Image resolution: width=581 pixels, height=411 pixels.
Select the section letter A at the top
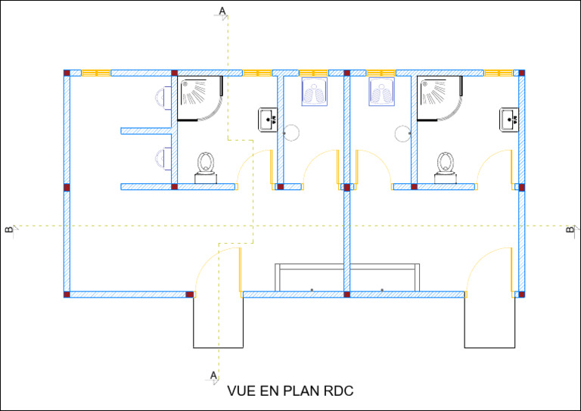coord(222,11)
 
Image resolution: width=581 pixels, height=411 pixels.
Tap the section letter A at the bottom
coord(213,375)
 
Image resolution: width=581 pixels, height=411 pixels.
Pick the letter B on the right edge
coord(570,229)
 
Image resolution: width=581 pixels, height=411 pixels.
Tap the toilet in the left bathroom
coord(205,167)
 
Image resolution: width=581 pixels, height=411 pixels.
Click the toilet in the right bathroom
coord(445,167)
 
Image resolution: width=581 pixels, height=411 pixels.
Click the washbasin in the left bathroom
coord(267,120)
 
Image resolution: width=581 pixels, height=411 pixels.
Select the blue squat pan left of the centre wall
coord(314,92)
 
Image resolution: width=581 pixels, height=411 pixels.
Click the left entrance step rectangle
coord(218,322)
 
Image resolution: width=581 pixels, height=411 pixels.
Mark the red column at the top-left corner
coord(67,73)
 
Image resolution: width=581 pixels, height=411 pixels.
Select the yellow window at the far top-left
coord(96,73)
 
